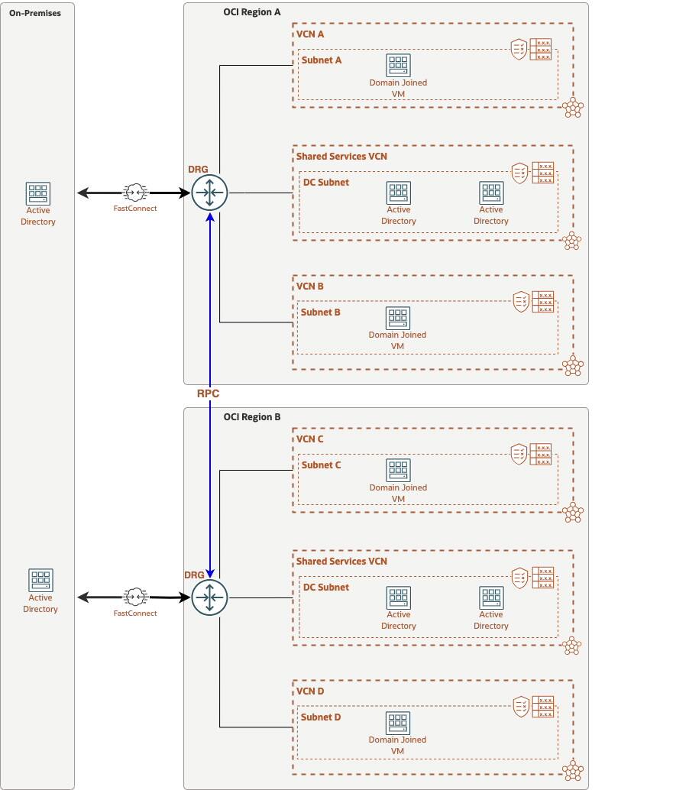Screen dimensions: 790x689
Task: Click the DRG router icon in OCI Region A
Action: pyautogui.click(x=209, y=193)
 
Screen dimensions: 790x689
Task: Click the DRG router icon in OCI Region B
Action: pyautogui.click(x=209, y=597)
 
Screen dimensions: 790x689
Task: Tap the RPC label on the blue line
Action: pyautogui.click(x=209, y=394)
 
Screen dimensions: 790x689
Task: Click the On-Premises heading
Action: pyautogui.click(x=35, y=13)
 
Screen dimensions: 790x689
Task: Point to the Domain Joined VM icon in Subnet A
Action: pyautogui.click(x=398, y=65)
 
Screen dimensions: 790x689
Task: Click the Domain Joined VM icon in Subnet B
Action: pyautogui.click(x=397, y=318)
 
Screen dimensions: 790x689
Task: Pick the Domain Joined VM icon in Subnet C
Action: pyautogui.click(x=398, y=470)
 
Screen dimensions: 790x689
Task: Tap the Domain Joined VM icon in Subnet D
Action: pyautogui.click(x=397, y=723)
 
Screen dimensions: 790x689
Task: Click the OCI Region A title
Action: pyautogui.click(x=251, y=12)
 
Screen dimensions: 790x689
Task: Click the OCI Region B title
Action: pyautogui.click(x=251, y=417)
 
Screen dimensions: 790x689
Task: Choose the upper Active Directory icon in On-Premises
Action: pyautogui.click(x=38, y=193)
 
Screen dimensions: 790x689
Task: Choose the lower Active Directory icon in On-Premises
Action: pyautogui.click(x=40, y=581)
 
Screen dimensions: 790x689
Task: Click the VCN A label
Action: pyautogui.click(x=310, y=34)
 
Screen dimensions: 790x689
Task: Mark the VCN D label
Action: pyautogui.click(x=310, y=691)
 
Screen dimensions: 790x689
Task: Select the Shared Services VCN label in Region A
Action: pyautogui.click(x=341, y=157)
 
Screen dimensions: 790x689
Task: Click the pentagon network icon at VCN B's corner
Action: pyautogui.click(x=572, y=366)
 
